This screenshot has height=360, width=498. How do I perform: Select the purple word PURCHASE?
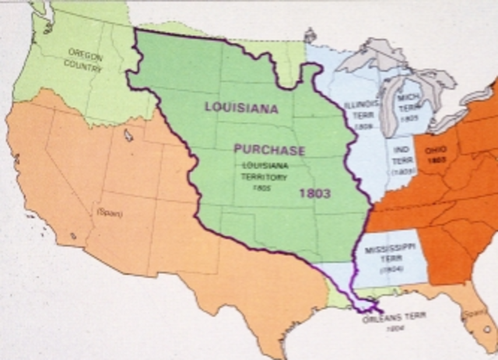point(268,150)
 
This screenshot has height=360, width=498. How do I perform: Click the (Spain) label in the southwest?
point(109,211)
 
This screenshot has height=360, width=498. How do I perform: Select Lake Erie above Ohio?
point(450,118)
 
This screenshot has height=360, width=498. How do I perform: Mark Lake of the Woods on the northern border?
point(310,34)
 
